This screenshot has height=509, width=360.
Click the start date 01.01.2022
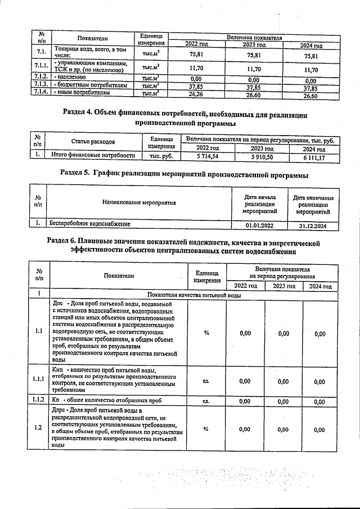coord(259,226)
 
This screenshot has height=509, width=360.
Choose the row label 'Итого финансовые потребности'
coord(93,156)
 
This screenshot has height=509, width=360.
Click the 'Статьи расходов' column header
coord(93,142)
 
